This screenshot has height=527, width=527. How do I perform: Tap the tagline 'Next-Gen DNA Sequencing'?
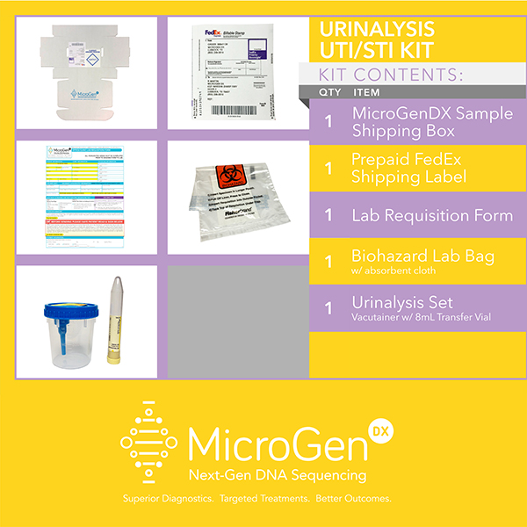[x=277, y=475]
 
